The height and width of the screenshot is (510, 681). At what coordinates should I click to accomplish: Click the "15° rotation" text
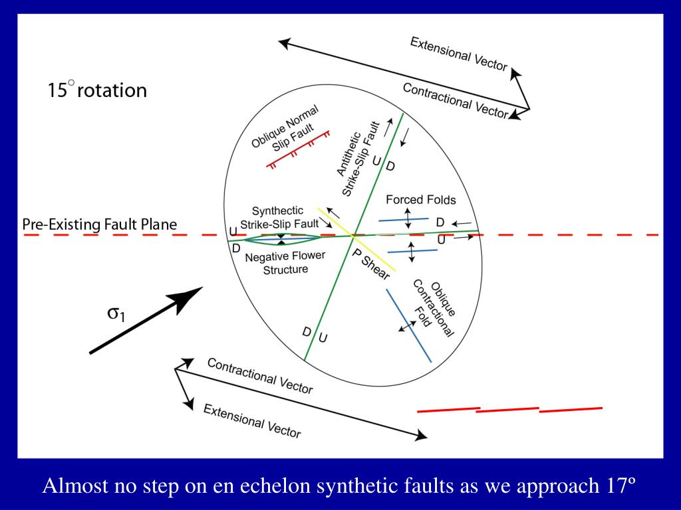tap(96, 90)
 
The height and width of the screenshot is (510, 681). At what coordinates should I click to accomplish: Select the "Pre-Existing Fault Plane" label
tap(100, 224)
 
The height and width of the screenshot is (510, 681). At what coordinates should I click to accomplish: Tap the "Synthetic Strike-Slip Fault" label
tap(279, 217)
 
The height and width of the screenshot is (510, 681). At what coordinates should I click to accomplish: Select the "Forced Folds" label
tap(420, 200)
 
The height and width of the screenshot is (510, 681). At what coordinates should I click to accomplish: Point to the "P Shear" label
tap(370, 264)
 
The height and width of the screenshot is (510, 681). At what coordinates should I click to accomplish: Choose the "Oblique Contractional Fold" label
tap(432, 308)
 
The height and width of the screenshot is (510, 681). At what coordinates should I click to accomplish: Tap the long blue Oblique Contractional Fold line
tap(410, 319)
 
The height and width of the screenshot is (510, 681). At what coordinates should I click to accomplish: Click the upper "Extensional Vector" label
tap(458, 54)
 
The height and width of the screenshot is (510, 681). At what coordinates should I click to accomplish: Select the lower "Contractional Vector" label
tap(259, 376)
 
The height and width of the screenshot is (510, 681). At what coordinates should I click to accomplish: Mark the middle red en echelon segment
tap(507, 410)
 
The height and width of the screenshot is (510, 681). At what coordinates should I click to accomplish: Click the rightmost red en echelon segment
tap(571, 410)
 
